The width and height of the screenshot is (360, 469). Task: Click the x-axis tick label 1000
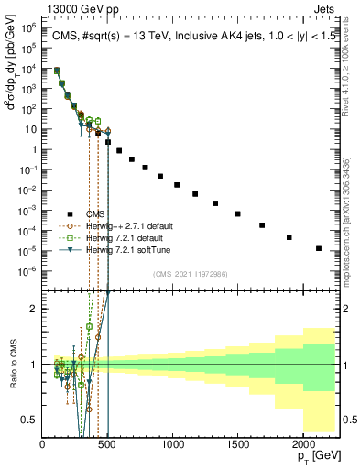coord(173,444)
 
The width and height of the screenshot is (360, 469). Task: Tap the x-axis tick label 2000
coord(303,444)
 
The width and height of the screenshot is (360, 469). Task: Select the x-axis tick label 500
coord(108,444)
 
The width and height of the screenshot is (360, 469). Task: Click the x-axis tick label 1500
coord(238,444)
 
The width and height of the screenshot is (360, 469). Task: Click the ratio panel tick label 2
coord(35,309)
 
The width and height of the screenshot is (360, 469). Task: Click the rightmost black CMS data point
coord(319,248)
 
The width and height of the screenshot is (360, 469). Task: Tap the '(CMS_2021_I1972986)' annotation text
coord(190,272)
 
